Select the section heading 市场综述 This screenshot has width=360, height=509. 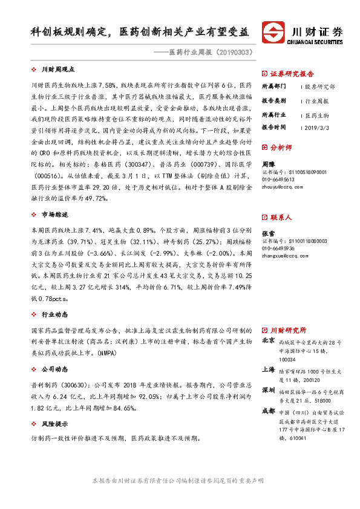(x=54, y=215)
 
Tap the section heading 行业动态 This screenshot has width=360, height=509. (x=54, y=315)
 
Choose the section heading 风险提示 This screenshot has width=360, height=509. (x=54, y=424)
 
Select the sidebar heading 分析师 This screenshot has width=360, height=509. (x=281, y=147)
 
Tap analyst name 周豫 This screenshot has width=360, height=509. (x=268, y=164)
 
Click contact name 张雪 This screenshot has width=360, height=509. (x=268, y=233)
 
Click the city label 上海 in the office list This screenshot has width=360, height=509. (x=268, y=369)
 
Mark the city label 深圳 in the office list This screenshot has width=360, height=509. (x=268, y=390)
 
